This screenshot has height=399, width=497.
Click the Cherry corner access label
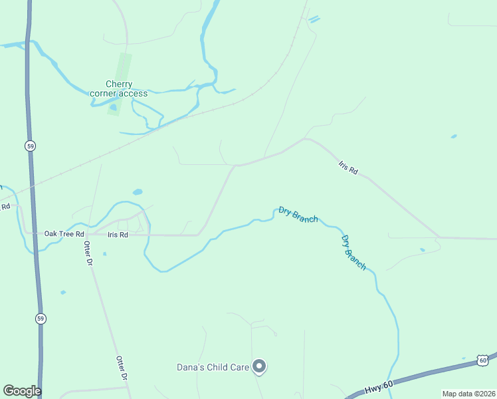[119, 88]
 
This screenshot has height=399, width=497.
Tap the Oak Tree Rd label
[64, 234]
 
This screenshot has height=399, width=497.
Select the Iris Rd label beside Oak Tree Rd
[118, 235]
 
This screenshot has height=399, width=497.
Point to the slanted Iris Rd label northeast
[348, 168]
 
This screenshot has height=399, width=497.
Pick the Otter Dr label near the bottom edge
[122, 368]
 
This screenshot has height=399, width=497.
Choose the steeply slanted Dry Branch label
[353, 252]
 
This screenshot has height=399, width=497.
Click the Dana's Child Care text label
[213, 367]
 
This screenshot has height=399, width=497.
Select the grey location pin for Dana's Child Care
[260, 366]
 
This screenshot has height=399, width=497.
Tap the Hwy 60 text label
[379, 388]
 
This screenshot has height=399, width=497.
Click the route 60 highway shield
[482, 360]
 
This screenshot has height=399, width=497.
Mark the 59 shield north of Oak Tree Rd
[30, 146]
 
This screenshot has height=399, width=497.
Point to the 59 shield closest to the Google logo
[41, 319]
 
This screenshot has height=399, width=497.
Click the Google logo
[22, 391]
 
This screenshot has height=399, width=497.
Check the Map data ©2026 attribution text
[468, 393]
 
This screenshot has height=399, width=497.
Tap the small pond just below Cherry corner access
[113, 107]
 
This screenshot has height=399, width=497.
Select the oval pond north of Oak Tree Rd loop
[138, 192]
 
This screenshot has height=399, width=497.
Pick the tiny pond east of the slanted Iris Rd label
[454, 136]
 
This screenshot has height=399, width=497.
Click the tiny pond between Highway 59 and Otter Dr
[63, 292]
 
